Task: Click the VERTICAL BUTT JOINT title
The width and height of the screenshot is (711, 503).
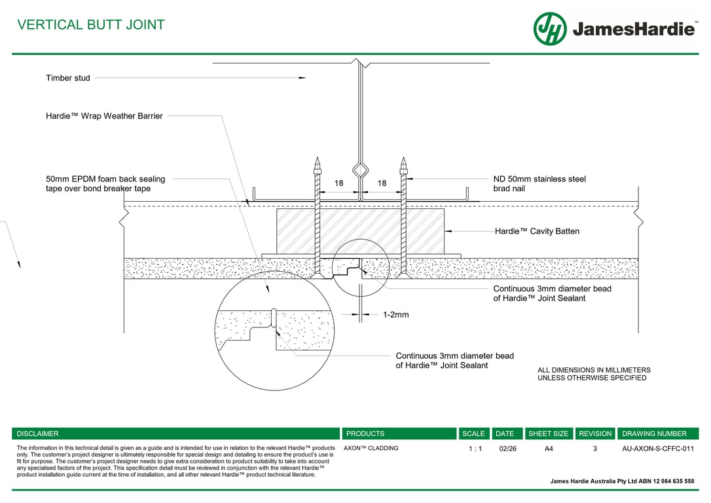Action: click(x=91, y=25)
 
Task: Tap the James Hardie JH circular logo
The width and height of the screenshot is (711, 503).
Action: click(x=550, y=29)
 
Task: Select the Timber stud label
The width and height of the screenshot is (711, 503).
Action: click(x=68, y=78)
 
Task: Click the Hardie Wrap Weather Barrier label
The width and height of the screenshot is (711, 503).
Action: click(x=104, y=116)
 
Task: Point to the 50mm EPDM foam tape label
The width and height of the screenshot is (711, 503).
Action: click(x=105, y=183)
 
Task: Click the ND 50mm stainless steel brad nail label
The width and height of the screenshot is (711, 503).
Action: click(x=539, y=183)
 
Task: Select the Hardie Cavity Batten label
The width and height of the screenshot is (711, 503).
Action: click(x=537, y=231)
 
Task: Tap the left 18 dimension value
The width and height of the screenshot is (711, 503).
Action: click(x=338, y=183)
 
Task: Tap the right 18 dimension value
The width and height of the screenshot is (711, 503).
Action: click(x=382, y=183)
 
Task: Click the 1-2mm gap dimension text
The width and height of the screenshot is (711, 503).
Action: click(x=395, y=315)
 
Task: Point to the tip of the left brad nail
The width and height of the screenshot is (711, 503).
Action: click(x=317, y=159)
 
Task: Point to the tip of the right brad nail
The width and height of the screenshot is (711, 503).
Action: click(x=403, y=159)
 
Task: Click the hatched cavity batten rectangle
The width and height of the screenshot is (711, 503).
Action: click(x=360, y=231)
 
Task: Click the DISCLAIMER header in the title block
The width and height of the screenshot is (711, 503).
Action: click(x=38, y=434)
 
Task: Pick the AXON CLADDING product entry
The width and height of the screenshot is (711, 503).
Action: click(x=371, y=449)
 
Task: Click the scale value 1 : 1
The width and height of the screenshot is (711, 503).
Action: click(x=475, y=449)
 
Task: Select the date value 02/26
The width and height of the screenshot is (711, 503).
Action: click(x=507, y=449)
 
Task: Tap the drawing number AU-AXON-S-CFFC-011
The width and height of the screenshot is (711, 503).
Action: click(x=657, y=449)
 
